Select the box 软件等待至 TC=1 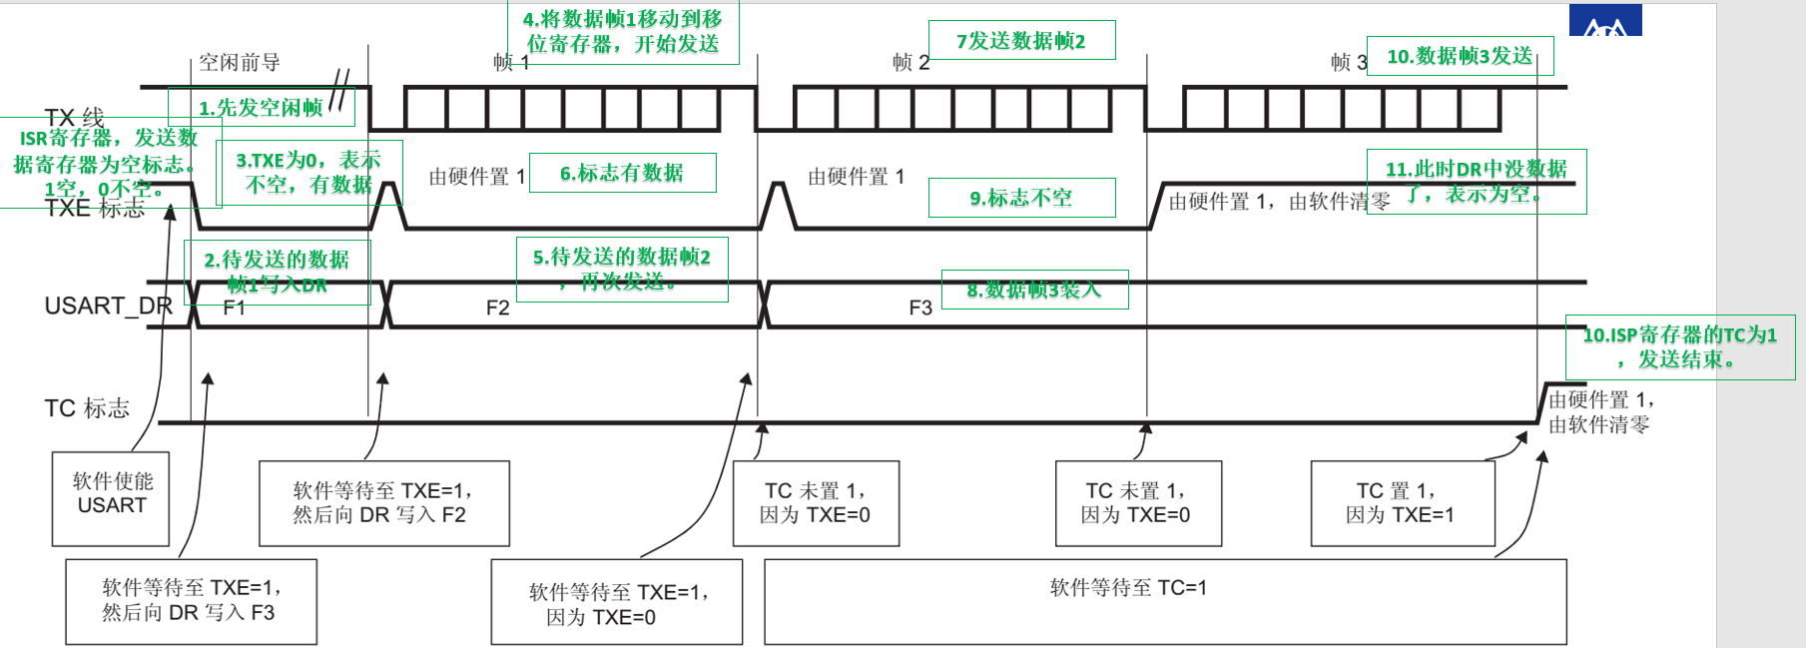click(x=1164, y=601)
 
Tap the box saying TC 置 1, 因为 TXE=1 click(x=1402, y=503)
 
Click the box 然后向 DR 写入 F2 click(x=383, y=503)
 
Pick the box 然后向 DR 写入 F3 click(x=191, y=601)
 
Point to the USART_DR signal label click(x=108, y=306)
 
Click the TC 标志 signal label click(x=87, y=408)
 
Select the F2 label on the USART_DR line click(x=497, y=308)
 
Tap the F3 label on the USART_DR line click(x=919, y=308)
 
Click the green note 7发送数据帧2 click(x=1021, y=40)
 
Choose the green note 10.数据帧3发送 click(x=1459, y=56)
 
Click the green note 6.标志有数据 click(x=622, y=173)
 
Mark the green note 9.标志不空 click(x=1021, y=198)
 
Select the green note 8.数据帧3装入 click(x=1034, y=290)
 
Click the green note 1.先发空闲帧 click(x=261, y=107)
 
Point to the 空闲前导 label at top click(x=239, y=63)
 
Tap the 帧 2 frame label click(x=910, y=63)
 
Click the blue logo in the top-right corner click(x=1604, y=21)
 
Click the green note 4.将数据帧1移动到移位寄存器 click(x=623, y=32)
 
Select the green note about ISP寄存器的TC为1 click(x=1679, y=347)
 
